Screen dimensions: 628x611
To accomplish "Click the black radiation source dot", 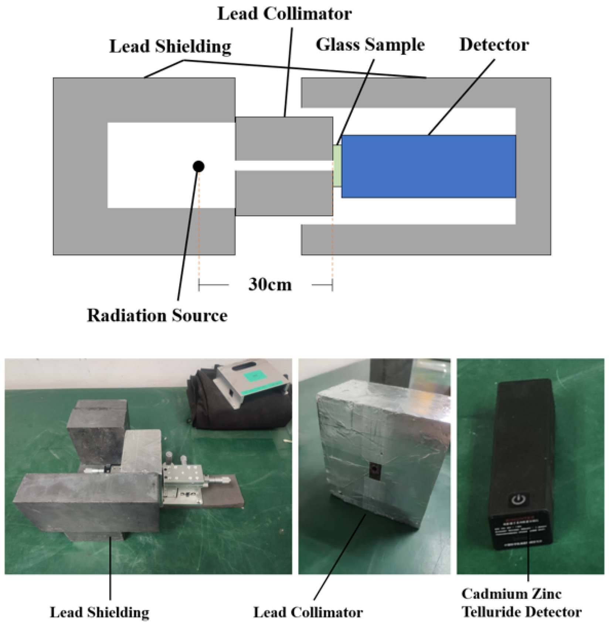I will [x=198, y=167].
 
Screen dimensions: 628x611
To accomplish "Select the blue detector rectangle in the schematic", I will [x=428, y=166].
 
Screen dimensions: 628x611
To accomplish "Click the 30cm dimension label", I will [x=270, y=285].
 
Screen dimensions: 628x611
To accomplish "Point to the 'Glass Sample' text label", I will [x=370, y=45].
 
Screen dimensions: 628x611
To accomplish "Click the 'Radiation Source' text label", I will [x=157, y=316].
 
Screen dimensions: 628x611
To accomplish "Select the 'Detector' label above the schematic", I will [x=494, y=45].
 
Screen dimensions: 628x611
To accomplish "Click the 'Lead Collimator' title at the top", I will [x=284, y=14].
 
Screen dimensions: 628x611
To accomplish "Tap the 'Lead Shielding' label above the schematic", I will [x=170, y=47].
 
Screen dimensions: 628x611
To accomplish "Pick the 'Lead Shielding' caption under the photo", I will [x=99, y=612].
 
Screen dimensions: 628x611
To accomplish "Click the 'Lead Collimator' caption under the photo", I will [x=308, y=612].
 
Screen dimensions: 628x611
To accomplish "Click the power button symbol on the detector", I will [x=519, y=500].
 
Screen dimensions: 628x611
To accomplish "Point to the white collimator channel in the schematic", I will [x=284, y=165].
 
